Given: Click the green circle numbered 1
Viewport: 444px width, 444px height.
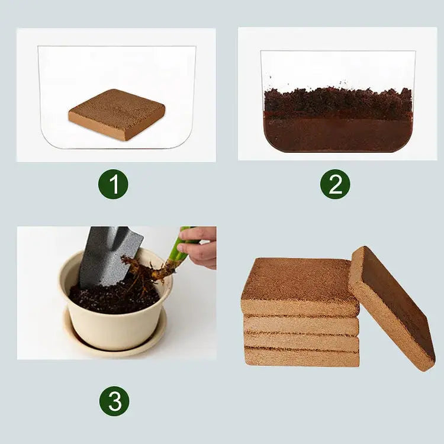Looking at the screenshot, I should [x=113, y=184].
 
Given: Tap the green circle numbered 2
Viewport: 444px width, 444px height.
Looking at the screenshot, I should [x=335, y=184].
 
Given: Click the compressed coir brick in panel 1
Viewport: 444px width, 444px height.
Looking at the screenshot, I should [x=117, y=114].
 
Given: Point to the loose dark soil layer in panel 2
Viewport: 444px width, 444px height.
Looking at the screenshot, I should [x=337, y=102].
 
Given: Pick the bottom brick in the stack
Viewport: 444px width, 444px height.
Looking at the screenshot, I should [x=302, y=357].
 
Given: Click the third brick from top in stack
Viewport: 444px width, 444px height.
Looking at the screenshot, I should [x=302, y=342].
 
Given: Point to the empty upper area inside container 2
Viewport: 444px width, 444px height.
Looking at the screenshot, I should [x=337, y=68].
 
